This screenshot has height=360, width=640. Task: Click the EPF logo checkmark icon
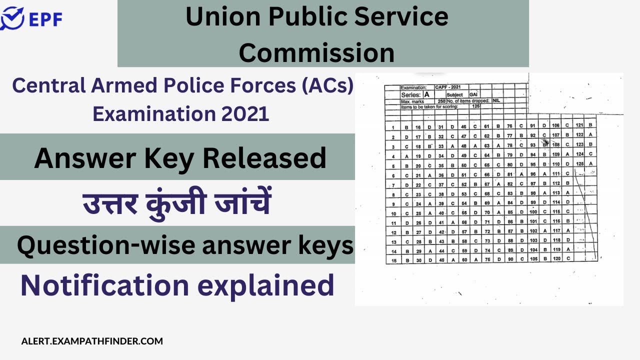[11, 18]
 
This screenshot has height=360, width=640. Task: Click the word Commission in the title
[316, 52]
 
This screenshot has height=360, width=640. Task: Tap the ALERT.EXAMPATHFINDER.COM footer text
[92, 341]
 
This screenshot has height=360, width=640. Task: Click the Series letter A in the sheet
[426, 94]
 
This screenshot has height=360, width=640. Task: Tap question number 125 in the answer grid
[579, 163]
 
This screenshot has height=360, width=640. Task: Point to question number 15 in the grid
[394, 260]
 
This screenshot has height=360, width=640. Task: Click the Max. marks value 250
[442, 101]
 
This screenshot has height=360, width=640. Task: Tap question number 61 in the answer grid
[486, 126]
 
